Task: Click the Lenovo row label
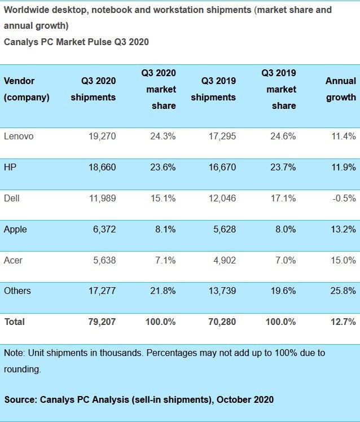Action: pyautogui.click(x=18, y=136)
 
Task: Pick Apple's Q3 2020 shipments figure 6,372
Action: pyautogui.click(x=104, y=230)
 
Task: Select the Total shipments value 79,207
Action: pyautogui.click(x=101, y=322)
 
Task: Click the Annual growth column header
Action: pyautogui.click(x=341, y=89)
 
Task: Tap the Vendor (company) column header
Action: pyautogui.click(x=26, y=89)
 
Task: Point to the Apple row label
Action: pyautogui.click(x=15, y=230)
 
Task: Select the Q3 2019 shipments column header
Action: pyautogui.click(x=213, y=89)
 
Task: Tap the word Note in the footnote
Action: pyautogui.click(x=14, y=353)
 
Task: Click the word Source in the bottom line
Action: pyautogui.click(x=19, y=399)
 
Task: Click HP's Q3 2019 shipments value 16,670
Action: pyautogui.click(x=222, y=168)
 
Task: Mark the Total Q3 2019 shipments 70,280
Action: pyautogui.click(x=221, y=322)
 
